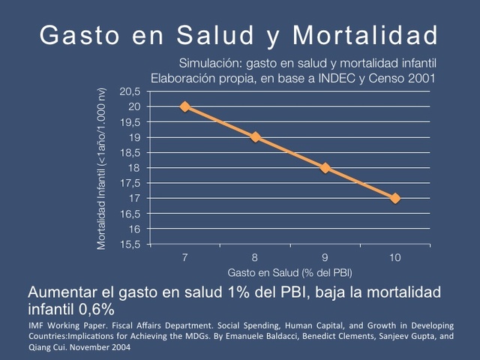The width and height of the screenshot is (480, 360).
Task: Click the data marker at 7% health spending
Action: [x=185, y=106]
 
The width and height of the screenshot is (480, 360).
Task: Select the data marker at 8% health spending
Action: [x=255, y=137]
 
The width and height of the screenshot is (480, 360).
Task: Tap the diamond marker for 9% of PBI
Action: [x=325, y=167]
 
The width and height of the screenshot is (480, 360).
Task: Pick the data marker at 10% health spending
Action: [x=395, y=198]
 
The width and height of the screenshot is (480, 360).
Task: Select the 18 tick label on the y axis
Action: [x=136, y=168]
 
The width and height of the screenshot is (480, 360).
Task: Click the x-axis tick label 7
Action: [x=185, y=257]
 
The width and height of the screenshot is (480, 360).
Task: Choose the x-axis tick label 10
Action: [x=395, y=257]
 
